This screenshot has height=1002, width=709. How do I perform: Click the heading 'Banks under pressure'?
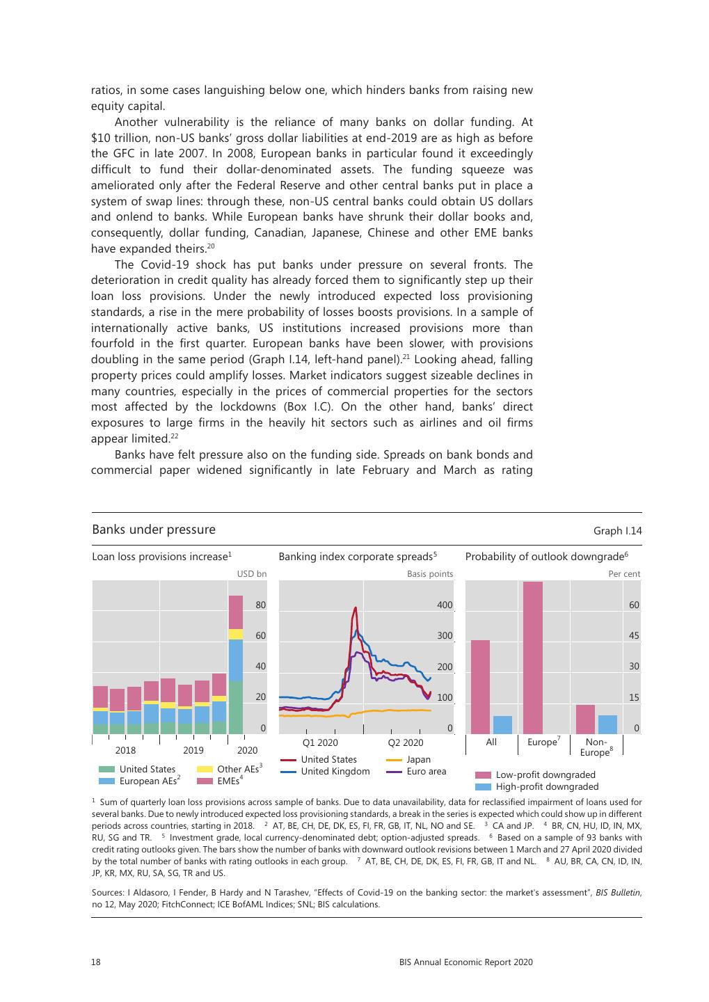(x=154, y=530)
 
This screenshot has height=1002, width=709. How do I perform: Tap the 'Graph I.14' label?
(x=617, y=531)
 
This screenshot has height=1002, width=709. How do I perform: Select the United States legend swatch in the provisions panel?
(x=106, y=769)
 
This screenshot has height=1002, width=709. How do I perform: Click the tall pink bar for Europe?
(x=533, y=658)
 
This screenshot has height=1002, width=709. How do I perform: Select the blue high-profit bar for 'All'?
(x=502, y=725)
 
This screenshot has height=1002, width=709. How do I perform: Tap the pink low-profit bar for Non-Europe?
(x=585, y=719)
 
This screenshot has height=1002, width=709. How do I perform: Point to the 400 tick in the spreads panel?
(x=445, y=605)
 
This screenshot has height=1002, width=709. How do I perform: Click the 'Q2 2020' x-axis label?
(x=405, y=742)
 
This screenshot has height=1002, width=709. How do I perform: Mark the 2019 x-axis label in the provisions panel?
(x=193, y=750)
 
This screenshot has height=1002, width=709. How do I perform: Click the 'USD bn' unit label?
(x=252, y=574)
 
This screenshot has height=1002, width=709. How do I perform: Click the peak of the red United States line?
(x=356, y=608)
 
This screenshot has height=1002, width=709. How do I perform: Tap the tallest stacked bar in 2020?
(x=236, y=665)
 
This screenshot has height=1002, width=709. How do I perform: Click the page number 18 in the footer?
(x=96, y=962)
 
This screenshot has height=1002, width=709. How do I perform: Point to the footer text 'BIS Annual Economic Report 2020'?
(x=465, y=962)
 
